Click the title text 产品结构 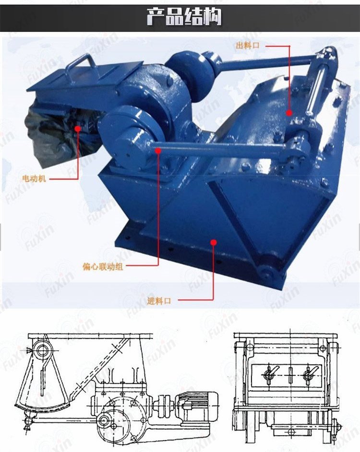[184, 17]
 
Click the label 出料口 [248, 46]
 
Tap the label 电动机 [34, 178]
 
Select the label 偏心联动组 [103, 267]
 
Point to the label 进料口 [159, 301]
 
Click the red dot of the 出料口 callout [289, 113]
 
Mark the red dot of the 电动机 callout [78, 128]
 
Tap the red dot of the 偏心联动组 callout [158, 150]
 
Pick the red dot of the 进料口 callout [214, 242]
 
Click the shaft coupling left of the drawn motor [165, 406]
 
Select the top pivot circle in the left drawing [42, 350]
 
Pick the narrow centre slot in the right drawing [291, 374]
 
